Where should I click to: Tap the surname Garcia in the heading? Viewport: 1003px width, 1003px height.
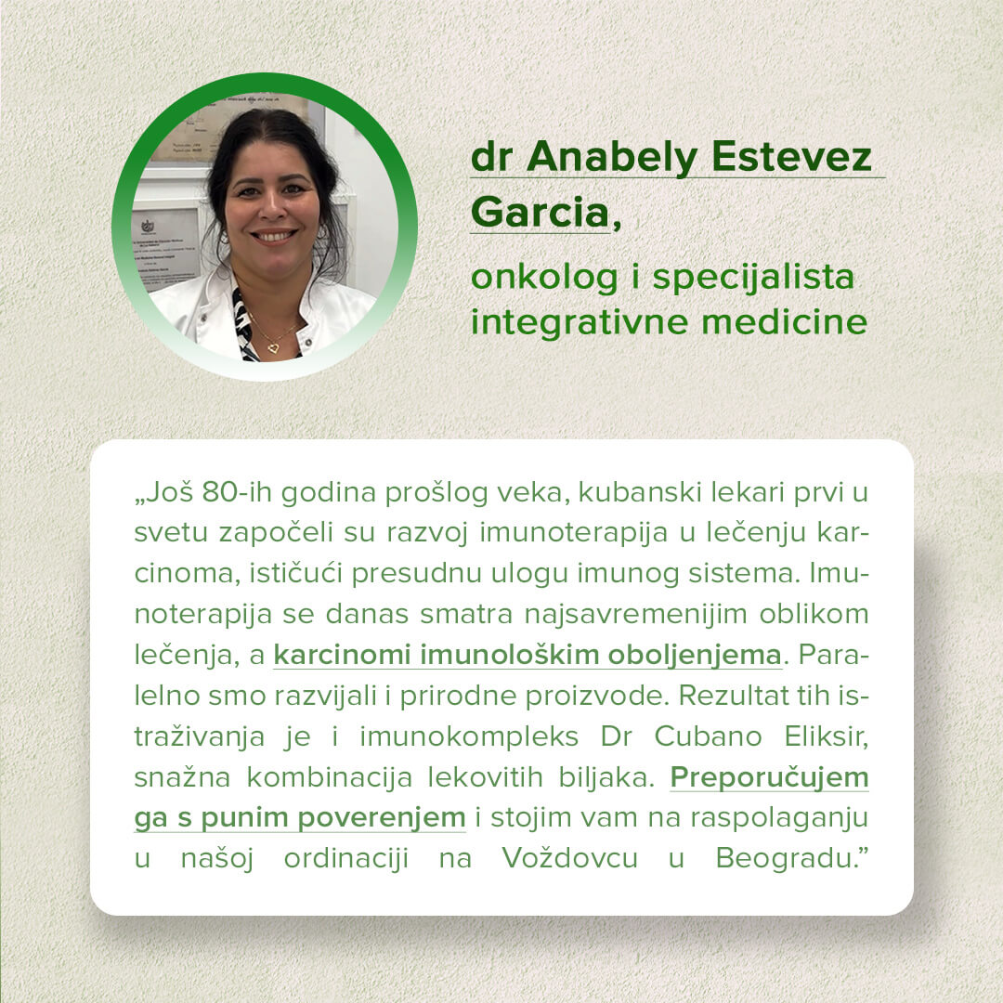pyautogui.click(x=540, y=213)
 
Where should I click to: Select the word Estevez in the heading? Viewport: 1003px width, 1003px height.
pyautogui.click(x=792, y=157)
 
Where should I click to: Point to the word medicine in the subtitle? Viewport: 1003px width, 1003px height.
pyautogui.click(x=784, y=321)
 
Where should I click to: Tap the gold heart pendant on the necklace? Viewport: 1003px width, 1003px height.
pyautogui.click(x=273, y=348)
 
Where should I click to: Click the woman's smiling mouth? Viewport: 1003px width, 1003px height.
pyautogui.click(x=274, y=236)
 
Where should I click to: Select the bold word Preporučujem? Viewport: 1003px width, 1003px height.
pyautogui.click(x=770, y=778)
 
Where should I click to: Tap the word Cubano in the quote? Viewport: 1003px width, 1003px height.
pyautogui.click(x=708, y=736)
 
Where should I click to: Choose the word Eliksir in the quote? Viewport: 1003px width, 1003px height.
pyautogui.click(x=826, y=736)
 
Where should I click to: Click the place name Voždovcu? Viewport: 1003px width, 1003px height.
pyautogui.click(x=569, y=858)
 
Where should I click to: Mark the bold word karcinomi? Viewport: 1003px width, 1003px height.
pyautogui.click(x=342, y=656)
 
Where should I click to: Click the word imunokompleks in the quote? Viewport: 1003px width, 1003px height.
pyautogui.click(x=469, y=737)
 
